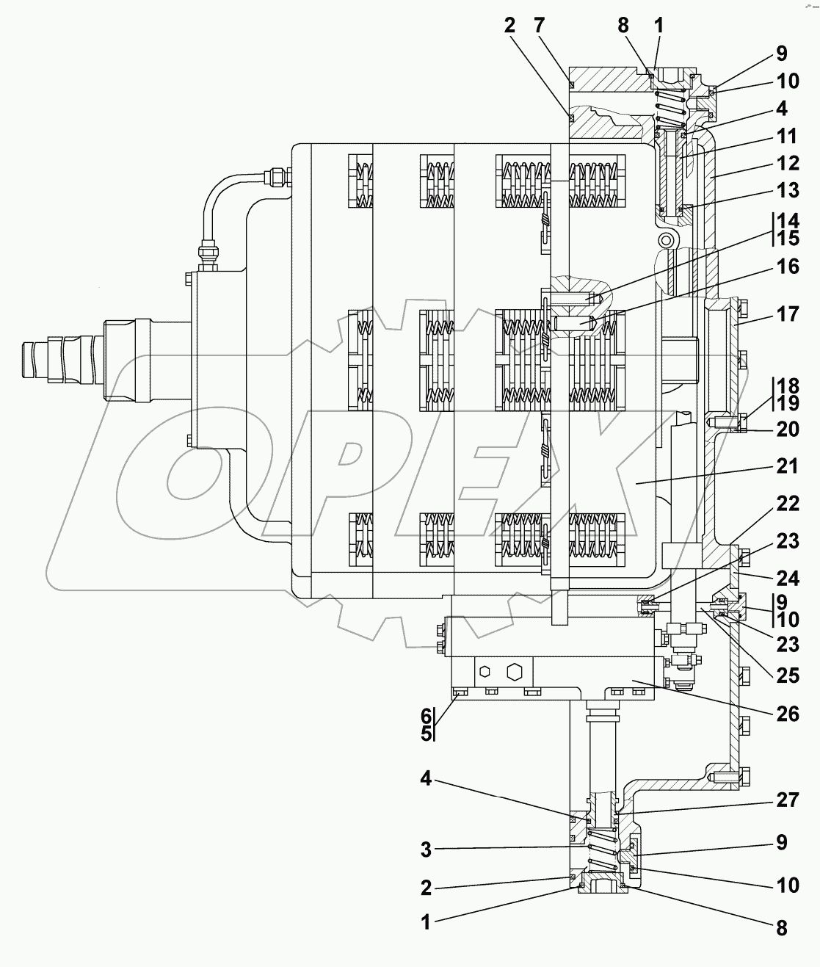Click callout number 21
(788, 466)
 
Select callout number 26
(788, 713)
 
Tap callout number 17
(788, 314)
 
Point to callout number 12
(788, 163)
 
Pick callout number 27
(788, 800)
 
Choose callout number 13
(788, 191)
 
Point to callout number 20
(788, 428)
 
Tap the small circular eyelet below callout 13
(667, 240)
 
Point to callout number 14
(788, 220)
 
